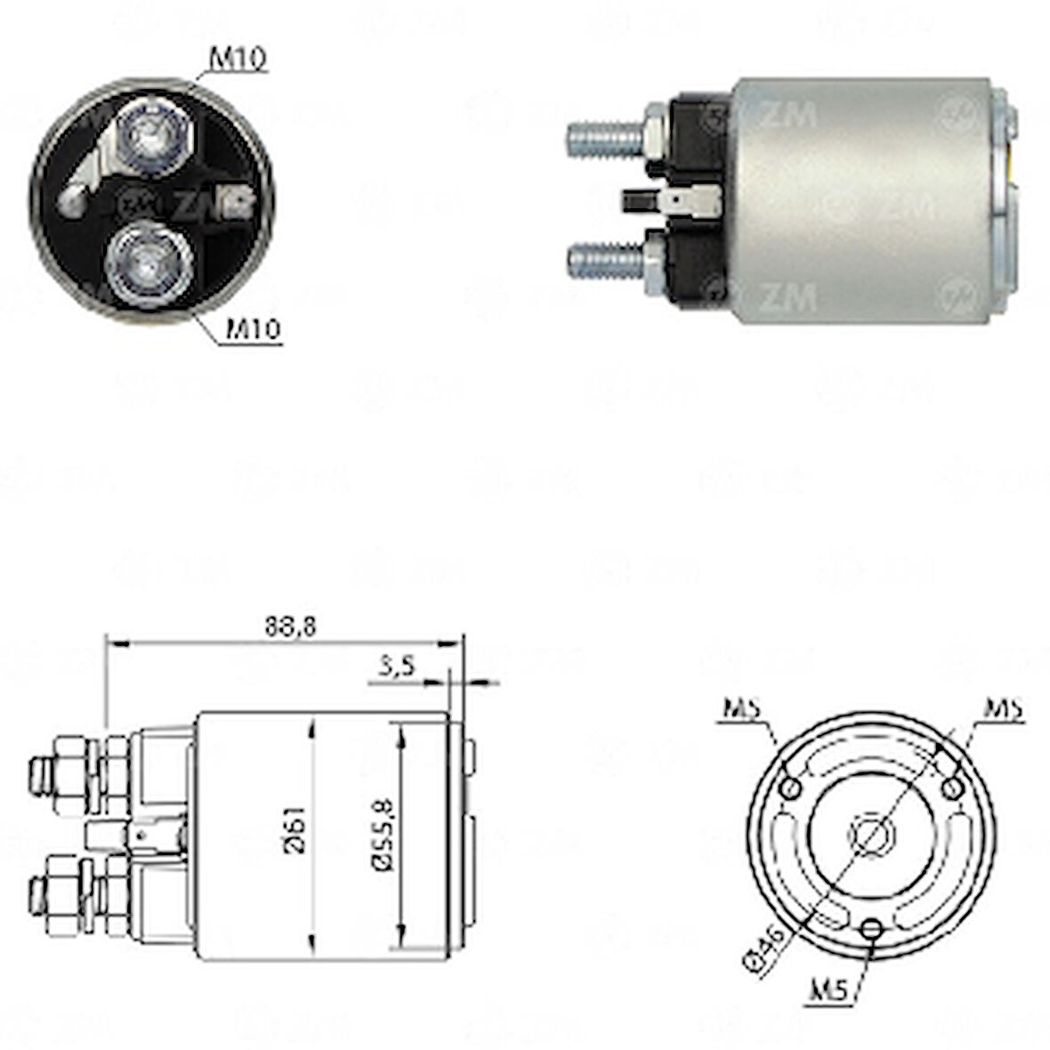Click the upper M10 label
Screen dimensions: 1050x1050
238,59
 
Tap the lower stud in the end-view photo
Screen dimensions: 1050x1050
147,264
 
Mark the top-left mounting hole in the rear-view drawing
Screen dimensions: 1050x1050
787,788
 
